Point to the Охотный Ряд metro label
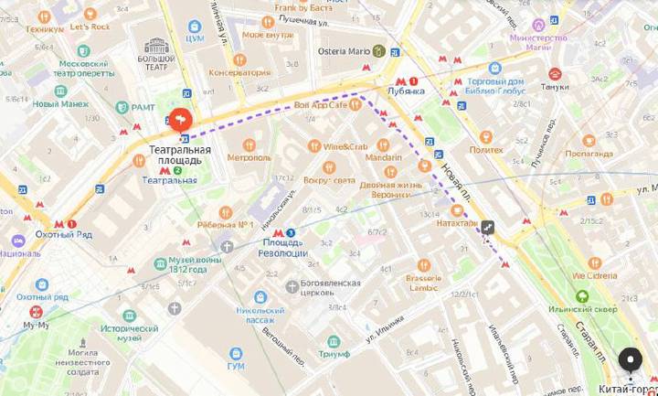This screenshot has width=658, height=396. pos(41,235)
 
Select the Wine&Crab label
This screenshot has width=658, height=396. pos(345,146)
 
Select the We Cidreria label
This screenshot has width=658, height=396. pos(594,274)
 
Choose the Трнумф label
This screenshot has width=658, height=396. pos(334,353)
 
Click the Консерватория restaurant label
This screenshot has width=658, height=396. pos(239,72)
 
